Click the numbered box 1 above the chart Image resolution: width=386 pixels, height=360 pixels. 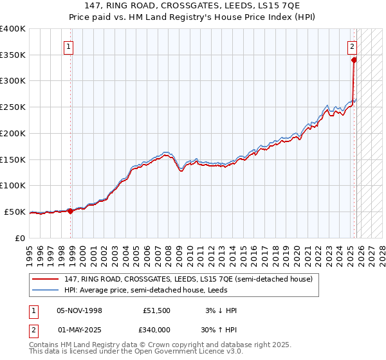coord(69,46)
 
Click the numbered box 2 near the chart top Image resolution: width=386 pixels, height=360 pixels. coord(353,46)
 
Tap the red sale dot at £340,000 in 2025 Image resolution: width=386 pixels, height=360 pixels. coord(354,60)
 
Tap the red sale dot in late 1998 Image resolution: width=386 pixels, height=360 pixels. coord(70,210)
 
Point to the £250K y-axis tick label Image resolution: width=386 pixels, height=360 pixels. coord(13,107)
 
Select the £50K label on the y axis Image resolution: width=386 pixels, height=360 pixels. coord(15,212)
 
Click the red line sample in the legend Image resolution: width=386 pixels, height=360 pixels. coord(46,279)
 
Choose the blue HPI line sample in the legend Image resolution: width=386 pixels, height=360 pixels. coord(46,290)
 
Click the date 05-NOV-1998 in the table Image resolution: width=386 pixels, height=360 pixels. coord(79,310)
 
